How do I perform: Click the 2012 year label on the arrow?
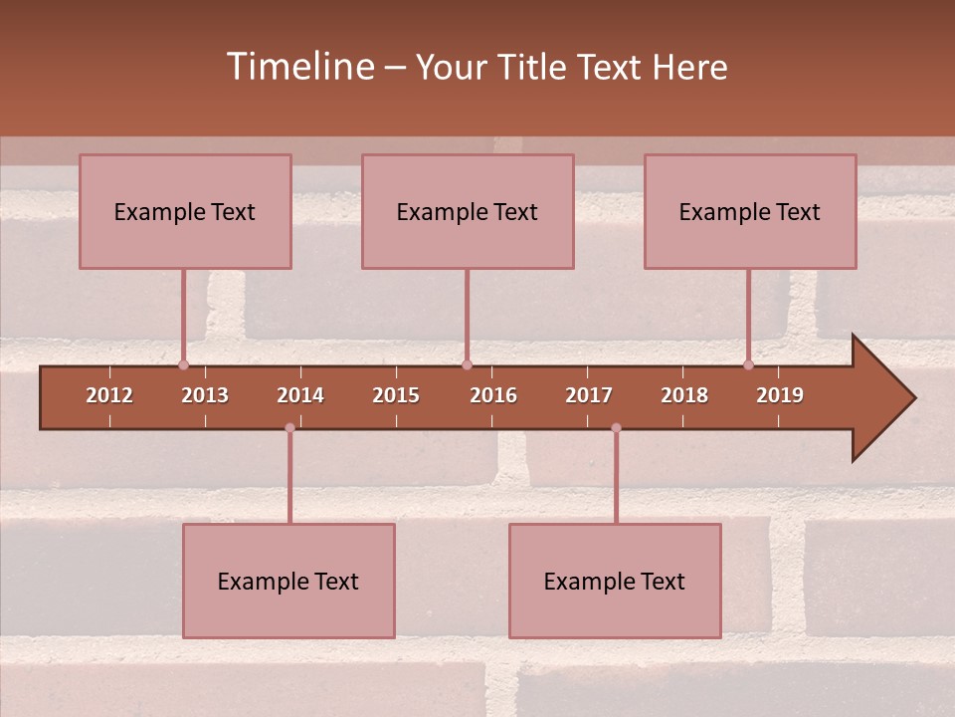coord(109,395)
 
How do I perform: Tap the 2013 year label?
coord(205,395)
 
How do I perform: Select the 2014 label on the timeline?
coord(300,395)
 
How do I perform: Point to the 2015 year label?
coord(396,395)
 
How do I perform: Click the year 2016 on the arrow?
coord(493,395)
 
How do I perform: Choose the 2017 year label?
coord(589,395)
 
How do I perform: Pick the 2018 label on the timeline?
coord(684,395)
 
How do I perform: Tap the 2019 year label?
coord(780,395)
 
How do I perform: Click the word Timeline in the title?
coord(299,67)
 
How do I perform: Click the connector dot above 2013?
coord(183,364)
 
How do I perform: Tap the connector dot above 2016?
coord(467,364)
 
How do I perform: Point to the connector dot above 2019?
coord(748,364)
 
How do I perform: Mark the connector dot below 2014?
coord(289,428)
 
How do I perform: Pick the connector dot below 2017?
coord(616,428)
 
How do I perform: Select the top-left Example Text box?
coord(185,212)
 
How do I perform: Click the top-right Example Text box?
coord(750,212)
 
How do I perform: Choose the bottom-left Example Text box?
coord(288,582)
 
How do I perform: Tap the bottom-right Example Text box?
coord(615,582)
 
